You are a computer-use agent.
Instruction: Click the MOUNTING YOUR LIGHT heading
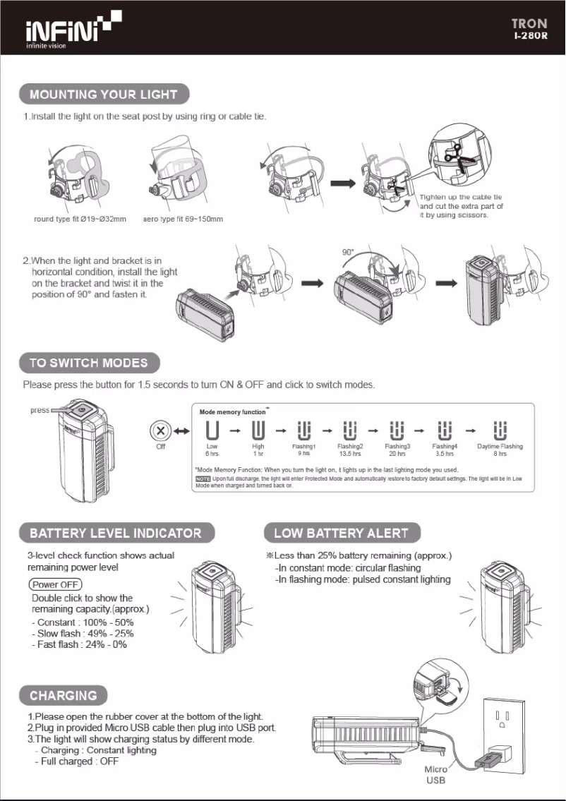(104, 94)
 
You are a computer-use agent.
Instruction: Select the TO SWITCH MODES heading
(89, 363)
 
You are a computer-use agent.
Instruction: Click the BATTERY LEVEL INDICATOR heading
(116, 533)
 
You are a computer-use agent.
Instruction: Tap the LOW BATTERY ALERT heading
(341, 533)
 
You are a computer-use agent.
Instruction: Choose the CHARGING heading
(64, 695)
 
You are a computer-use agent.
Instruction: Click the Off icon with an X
(161, 430)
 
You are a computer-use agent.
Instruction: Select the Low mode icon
(212, 430)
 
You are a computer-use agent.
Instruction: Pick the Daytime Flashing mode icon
(500, 430)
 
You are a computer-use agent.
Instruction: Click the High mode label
(258, 447)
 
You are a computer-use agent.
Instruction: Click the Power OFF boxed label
(55, 584)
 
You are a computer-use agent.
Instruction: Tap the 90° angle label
(347, 252)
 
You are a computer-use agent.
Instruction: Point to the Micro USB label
(435, 774)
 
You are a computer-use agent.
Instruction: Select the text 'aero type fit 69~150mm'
(183, 219)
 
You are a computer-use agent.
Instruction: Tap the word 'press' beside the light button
(40, 410)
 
